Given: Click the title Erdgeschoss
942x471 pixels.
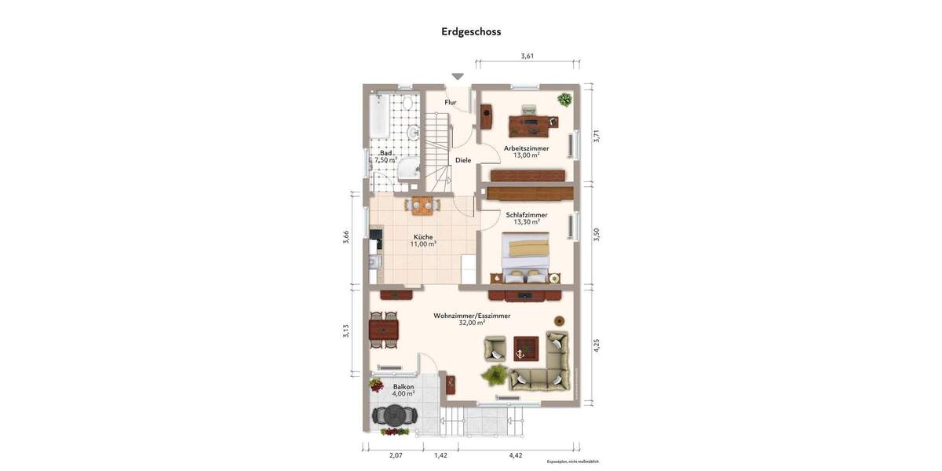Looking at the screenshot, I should pos(471,31).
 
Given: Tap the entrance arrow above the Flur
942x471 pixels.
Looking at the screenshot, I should pos(458,77).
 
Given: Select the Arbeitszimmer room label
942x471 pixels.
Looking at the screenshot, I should pos(526,148).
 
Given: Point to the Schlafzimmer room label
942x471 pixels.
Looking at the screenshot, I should pos(527,214).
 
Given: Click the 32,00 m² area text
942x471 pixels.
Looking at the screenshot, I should pos(472,323).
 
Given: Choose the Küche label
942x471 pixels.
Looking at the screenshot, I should pos(423,236).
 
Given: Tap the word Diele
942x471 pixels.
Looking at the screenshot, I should pos(463,160).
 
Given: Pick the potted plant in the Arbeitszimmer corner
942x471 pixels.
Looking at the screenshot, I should pos(564,99).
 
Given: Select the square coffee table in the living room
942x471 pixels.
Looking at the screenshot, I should pos(526,347).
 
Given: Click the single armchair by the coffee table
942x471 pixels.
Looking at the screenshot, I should pos(495,348).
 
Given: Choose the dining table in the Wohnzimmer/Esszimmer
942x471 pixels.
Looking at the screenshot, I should pos(383,328).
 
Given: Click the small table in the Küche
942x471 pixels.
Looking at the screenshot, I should pos(422,206).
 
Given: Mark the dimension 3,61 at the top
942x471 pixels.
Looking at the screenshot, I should pos(528,56).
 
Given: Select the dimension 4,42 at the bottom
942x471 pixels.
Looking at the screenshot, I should pos(516,455).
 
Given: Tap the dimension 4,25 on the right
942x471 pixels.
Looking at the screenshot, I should pos(596,345).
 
